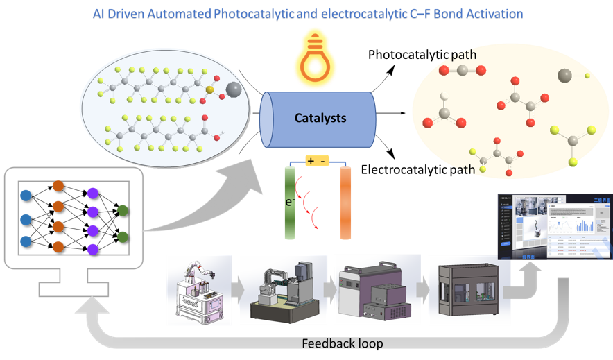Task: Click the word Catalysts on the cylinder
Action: (x=320, y=118)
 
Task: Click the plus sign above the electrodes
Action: (x=309, y=161)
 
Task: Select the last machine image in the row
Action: (x=463, y=291)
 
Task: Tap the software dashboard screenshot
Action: (x=555, y=227)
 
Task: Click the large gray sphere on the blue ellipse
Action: (x=234, y=89)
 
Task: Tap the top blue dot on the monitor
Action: (x=26, y=195)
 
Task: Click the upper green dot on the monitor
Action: (x=123, y=210)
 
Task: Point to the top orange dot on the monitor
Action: (x=58, y=186)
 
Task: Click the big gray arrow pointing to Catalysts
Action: (x=208, y=201)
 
